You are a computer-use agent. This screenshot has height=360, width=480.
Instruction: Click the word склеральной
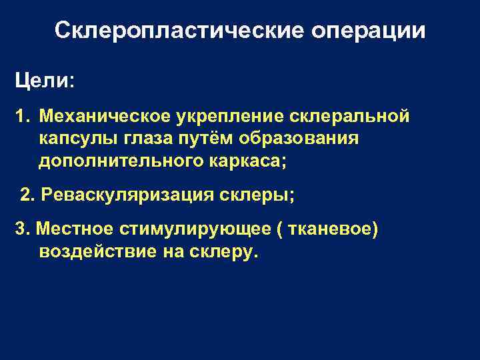coord(339,118)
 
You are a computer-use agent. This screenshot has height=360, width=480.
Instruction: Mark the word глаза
coord(145,140)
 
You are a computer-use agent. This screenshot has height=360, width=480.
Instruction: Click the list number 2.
coord(27,195)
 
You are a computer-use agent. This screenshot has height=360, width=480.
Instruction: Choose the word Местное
coord(74,229)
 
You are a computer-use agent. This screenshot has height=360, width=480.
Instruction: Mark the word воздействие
coord(97,253)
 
